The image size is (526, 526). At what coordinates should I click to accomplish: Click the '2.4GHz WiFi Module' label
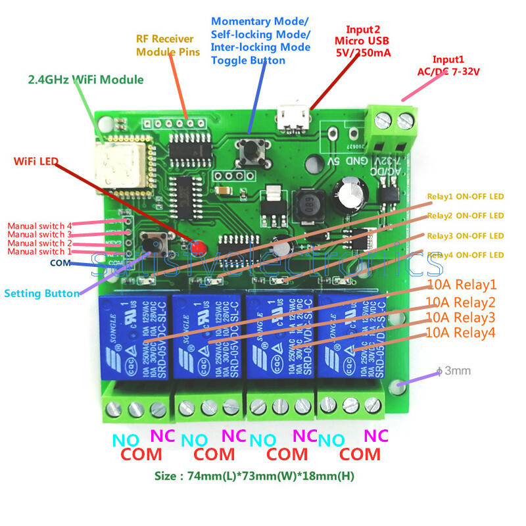[85, 80]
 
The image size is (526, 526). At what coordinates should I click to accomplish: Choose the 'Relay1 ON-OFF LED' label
[465, 197]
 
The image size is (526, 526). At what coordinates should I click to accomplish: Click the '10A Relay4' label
[460, 333]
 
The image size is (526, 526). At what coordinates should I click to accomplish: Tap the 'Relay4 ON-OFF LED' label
[465, 254]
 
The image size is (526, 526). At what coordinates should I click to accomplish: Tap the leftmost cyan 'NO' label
[127, 440]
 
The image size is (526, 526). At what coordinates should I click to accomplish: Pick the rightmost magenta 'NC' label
[375, 435]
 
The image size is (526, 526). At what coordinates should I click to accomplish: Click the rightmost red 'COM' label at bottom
[360, 454]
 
